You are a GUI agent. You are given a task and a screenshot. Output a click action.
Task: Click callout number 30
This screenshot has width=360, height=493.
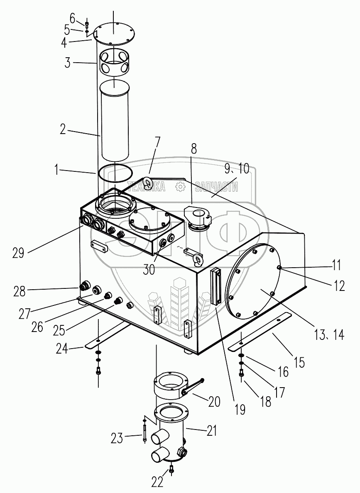point(149,270)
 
